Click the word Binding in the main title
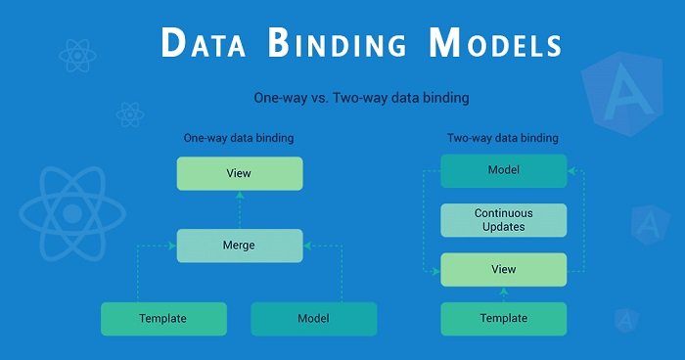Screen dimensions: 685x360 [x=337, y=43]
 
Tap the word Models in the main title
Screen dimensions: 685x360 [x=495, y=43]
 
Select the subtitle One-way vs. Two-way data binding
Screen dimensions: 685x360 [x=362, y=98]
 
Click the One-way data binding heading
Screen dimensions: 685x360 [x=239, y=138]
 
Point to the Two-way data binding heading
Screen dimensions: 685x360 [x=502, y=138]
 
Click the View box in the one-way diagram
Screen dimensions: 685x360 [x=240, y=173]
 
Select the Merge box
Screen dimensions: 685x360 [x=240, y=246]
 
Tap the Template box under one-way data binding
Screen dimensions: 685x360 [x=163, y=319]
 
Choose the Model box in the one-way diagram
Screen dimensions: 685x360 [x=314, y=319]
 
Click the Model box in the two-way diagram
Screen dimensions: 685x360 [x=504, y=171]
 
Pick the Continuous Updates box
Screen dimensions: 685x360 [x=504, y=220]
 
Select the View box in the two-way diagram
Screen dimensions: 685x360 [x=504, y=270]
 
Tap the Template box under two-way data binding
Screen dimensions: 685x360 [x=504, y=319]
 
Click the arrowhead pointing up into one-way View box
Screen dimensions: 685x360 [x=240, y=195]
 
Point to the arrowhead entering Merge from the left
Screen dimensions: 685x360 [x=172, y=246]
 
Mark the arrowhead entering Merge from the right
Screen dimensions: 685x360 [x=307, y=246]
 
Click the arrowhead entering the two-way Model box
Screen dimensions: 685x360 [x=571, y=171]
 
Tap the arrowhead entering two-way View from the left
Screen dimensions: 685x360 [x=436, y=272]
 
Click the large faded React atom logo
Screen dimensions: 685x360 [x=72, y=213]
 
